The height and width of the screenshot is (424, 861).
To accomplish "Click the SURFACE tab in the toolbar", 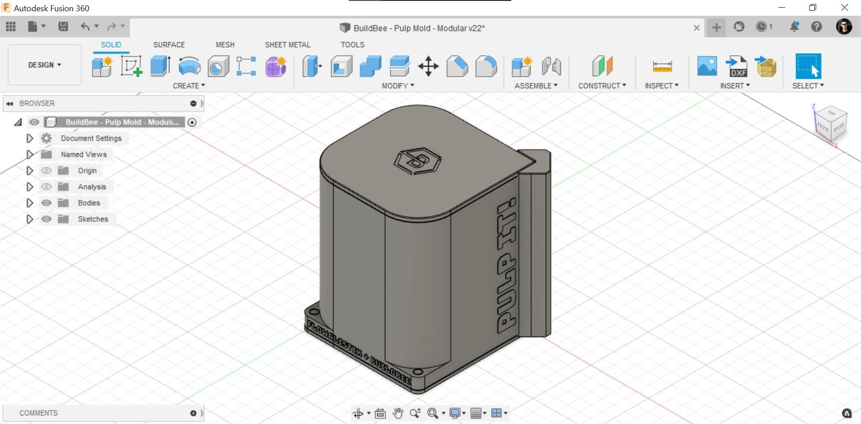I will (x=169, y=45).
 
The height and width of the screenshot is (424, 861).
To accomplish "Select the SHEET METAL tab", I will (x=287, y=45).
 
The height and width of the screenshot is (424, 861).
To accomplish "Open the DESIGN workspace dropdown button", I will (x=44, y=65).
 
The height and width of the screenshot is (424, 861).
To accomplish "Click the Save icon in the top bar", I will (x=63, y=27).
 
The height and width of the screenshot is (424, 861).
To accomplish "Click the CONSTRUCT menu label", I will (x=602, y=86).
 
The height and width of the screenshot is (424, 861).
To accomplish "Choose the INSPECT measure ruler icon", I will (x=662, y=66).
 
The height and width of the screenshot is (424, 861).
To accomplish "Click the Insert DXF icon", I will (x=736, y=66).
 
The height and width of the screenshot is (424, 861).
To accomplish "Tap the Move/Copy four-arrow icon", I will (x=428, y=66).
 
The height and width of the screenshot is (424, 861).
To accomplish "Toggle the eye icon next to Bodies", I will (x=46, y=203).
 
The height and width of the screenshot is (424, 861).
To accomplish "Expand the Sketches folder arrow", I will (x=30, y=219).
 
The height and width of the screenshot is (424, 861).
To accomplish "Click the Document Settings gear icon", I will (x=46, y=138).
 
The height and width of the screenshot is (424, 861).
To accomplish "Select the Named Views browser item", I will (x=84, y=154).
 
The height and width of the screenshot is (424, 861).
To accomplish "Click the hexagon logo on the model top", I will (x=417, y=161).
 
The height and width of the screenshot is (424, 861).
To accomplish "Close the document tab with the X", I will (x=696, y=28).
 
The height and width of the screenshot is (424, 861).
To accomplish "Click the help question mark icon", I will (x=817, y=27).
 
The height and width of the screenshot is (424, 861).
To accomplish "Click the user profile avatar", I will (x=844, y=27).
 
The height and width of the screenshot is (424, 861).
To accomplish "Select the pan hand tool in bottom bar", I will (x=397, y=413).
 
